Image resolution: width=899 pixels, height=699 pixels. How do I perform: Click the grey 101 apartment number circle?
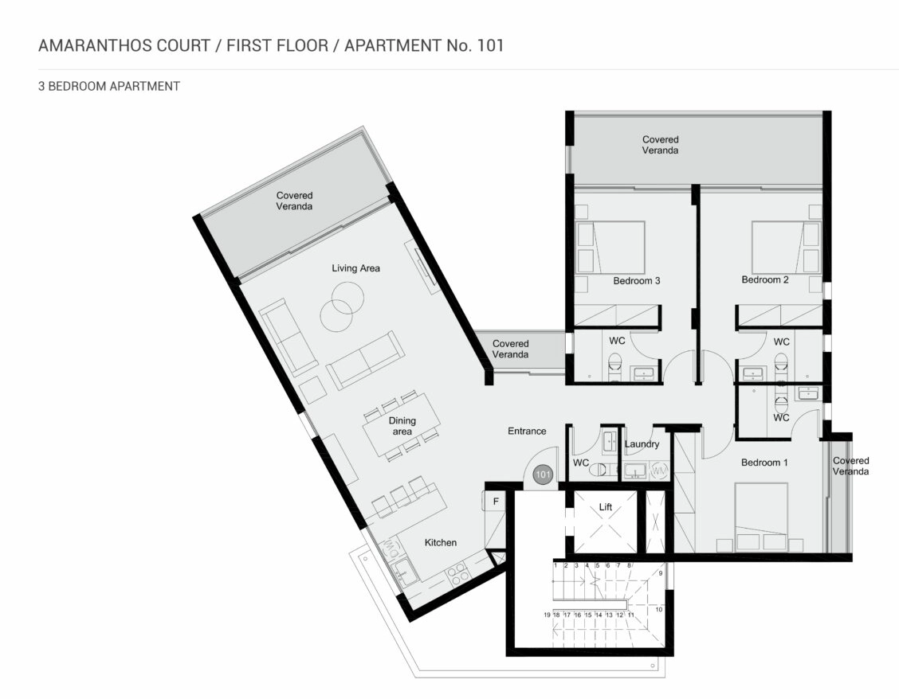(543, 474)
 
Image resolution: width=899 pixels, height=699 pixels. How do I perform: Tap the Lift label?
(606, 507)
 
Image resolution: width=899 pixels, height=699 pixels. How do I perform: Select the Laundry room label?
(642, 444)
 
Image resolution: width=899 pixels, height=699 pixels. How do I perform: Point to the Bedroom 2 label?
(765, 279)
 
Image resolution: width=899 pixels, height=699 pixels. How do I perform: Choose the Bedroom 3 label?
(637, 281)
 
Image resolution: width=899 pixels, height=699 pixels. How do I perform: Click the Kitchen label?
(440, 543)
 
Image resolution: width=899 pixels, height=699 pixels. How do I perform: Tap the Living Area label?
(355, 268)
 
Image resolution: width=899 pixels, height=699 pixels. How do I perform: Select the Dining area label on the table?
(402, 426)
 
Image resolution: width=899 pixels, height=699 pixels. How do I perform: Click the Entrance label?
(527, 431)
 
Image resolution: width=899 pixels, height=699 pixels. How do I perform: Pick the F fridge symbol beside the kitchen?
(496, 502)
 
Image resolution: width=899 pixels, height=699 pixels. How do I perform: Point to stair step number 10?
(659, 610)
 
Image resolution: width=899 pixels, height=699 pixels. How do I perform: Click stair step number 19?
(547, 615)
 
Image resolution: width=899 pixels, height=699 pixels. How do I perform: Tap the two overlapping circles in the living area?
(342, 307)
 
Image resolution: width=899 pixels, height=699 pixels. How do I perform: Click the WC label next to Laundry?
(581, 463)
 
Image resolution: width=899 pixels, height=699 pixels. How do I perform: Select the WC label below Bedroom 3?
(617, 341)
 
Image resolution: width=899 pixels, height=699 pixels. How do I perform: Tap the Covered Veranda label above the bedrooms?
(660, 145)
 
